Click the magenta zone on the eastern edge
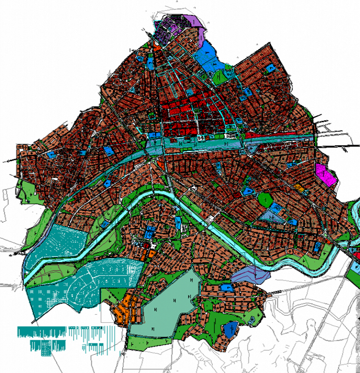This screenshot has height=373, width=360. point(325,175)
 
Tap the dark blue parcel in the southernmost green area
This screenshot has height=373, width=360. point(230,328)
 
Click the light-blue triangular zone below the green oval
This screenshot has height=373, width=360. point(273,216)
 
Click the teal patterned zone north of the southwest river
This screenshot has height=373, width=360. point(55,244)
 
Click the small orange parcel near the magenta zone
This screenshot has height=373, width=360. point(299,187)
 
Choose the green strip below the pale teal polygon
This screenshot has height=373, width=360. point(149,341)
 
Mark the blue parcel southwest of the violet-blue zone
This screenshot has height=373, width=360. point(227,287)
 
